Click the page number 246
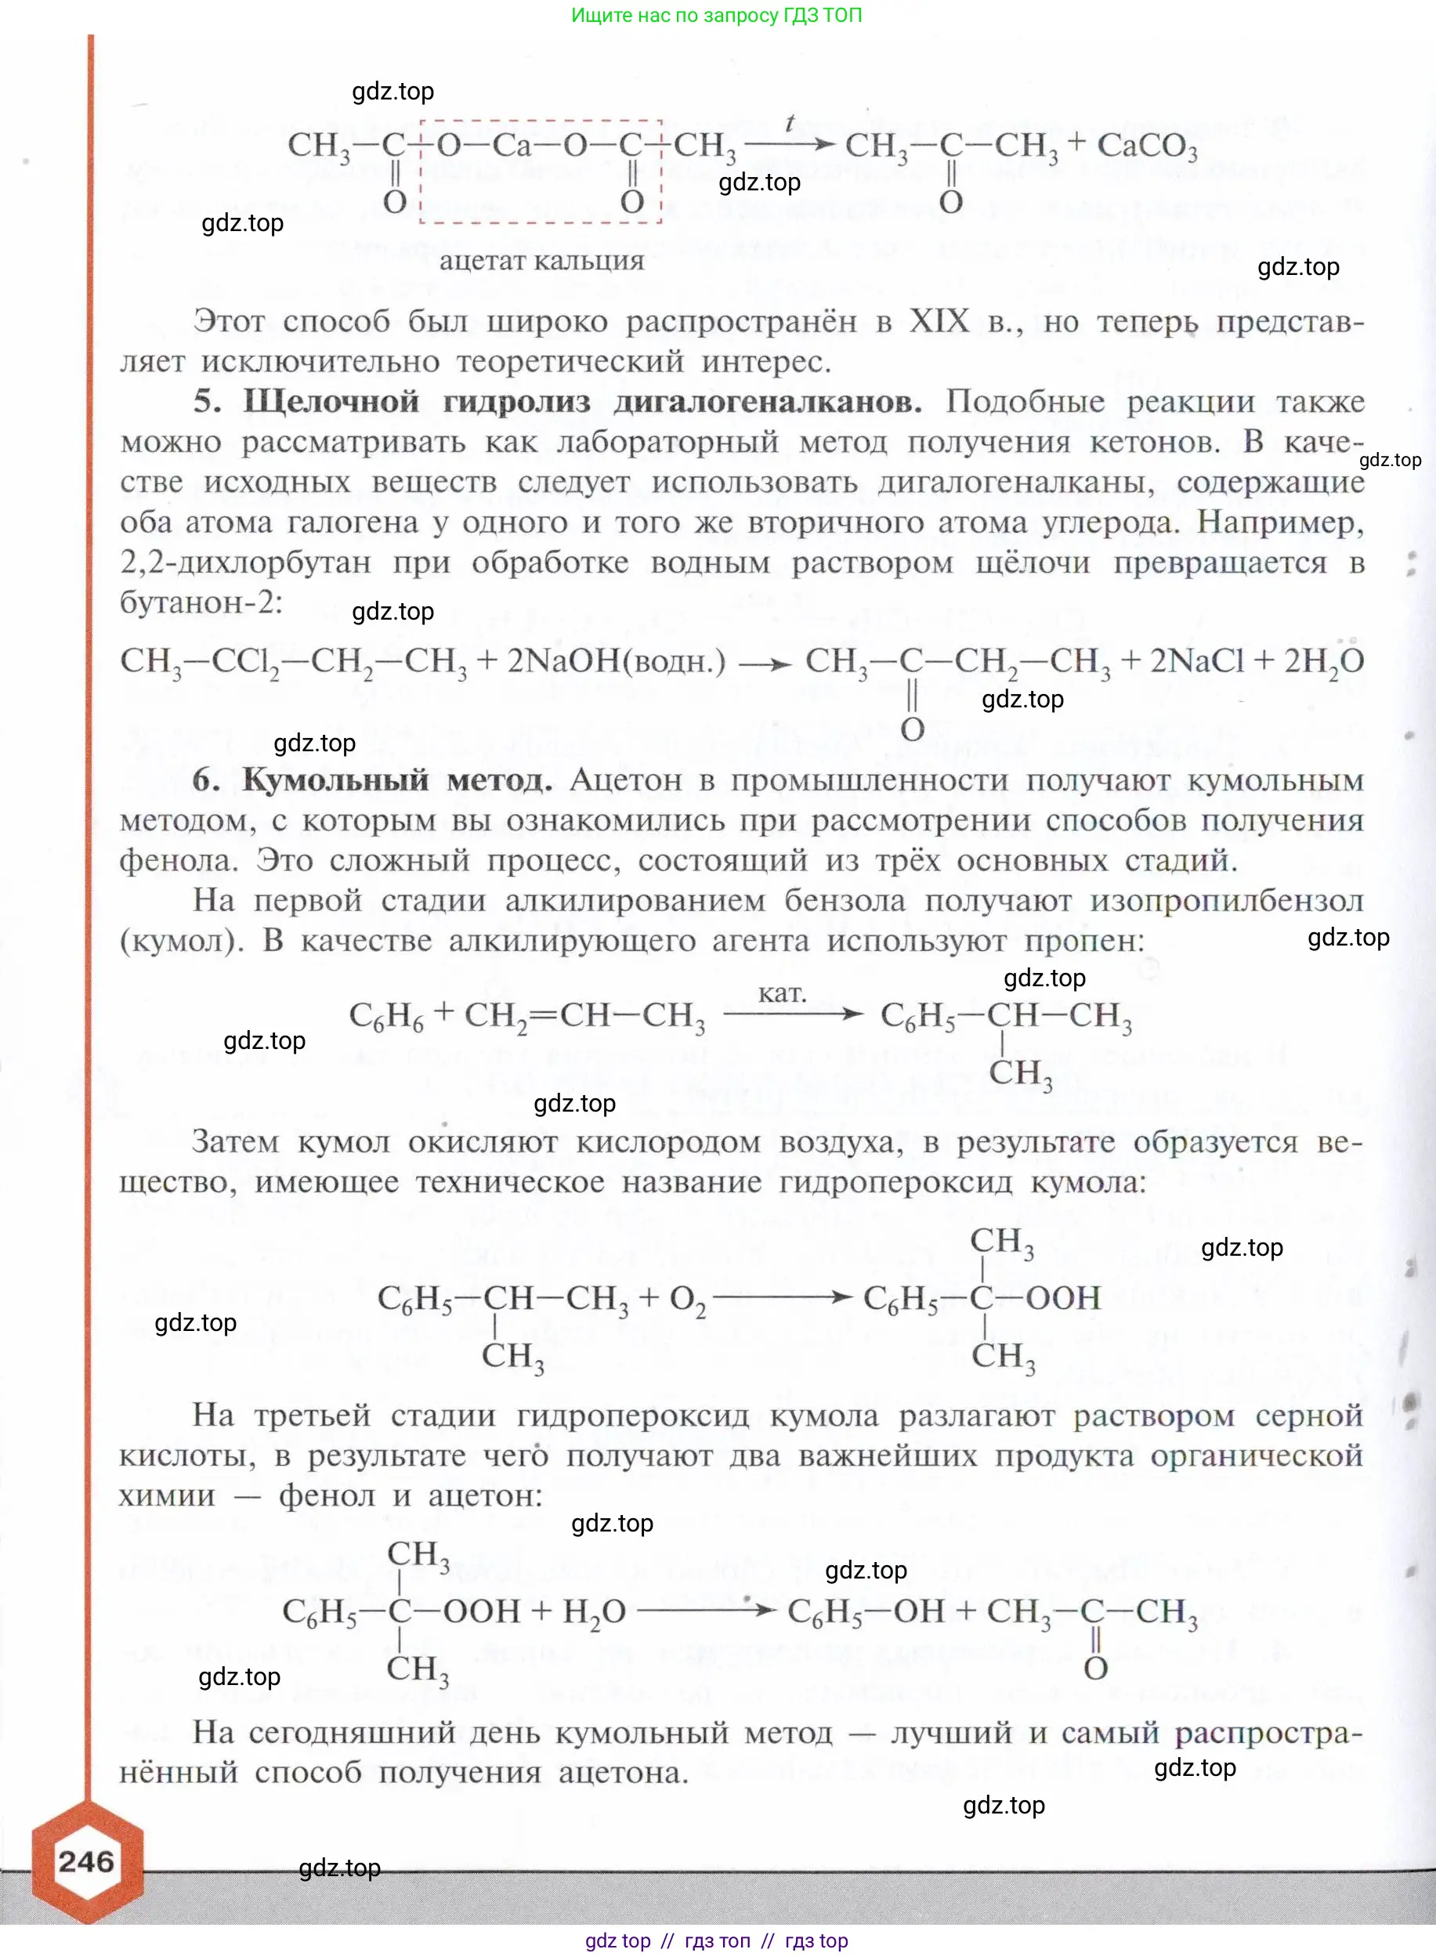coord(86,1862)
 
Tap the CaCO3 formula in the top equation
coord(1147,146)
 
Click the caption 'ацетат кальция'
coord(541,261)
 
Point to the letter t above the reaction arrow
coord(789,124)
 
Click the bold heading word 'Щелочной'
coord(331,402)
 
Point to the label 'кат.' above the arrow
coord(783,993)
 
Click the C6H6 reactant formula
coord(386,1016)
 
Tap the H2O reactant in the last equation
coord(595,1612)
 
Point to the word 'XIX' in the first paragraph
coord(939,322)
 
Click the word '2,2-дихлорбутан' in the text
coord(245,562)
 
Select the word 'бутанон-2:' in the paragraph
coord(201,602)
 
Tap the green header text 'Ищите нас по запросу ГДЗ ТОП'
coord(716,15)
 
